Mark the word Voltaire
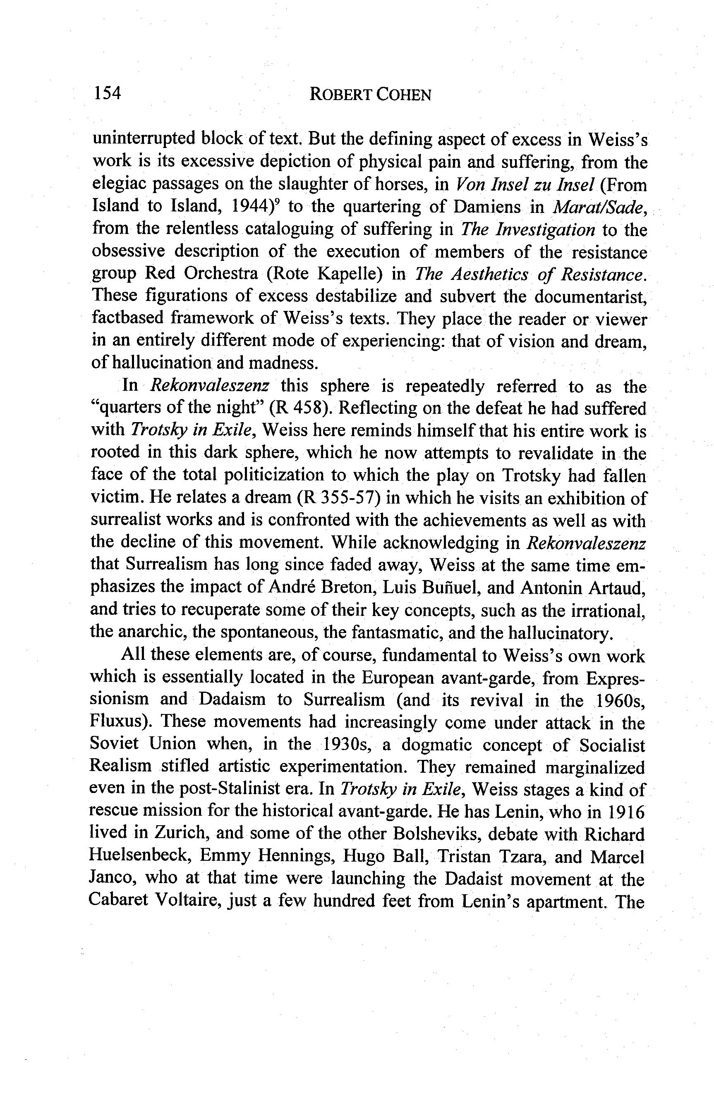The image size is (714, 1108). click(185, 901)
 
